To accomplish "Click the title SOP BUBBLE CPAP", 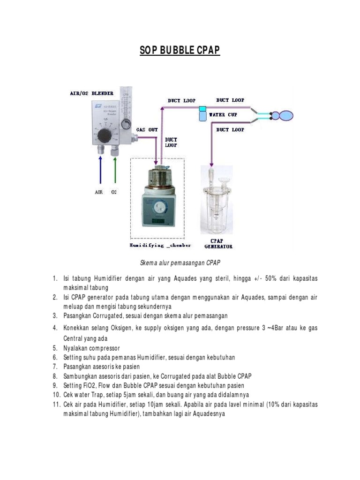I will click(x=180, y=50).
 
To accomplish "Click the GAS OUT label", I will click(x=147, y=129).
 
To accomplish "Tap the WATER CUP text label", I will click(x=223, y=115).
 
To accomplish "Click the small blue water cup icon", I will click(x=202, y=114).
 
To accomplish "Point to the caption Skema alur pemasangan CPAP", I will click(x=180, y=263).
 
